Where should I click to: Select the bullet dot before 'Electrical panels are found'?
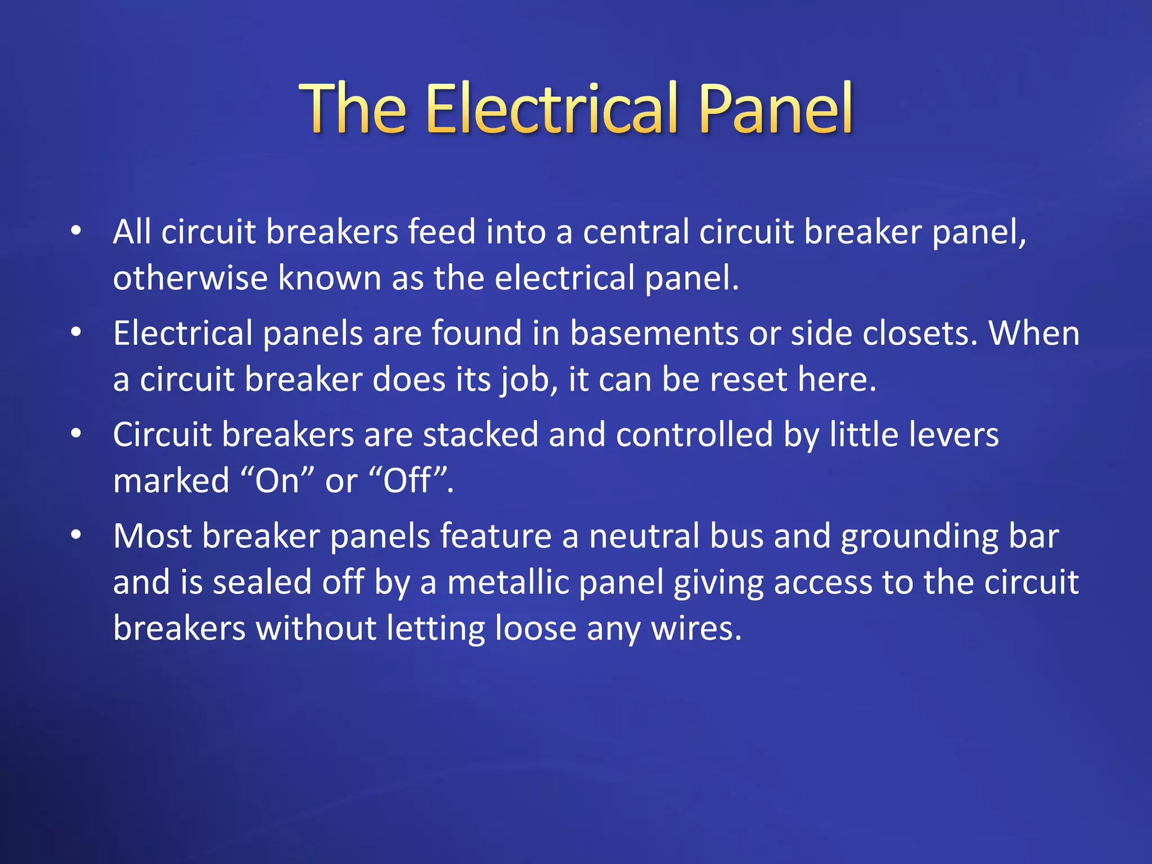coord(76,332)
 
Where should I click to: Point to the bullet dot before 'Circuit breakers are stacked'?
coord(76,434)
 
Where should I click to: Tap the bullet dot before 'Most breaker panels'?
coord(76,535)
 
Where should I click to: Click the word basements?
coord(654,333)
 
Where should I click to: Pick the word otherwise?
coord(190,278)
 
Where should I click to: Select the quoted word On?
coord(277,481)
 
